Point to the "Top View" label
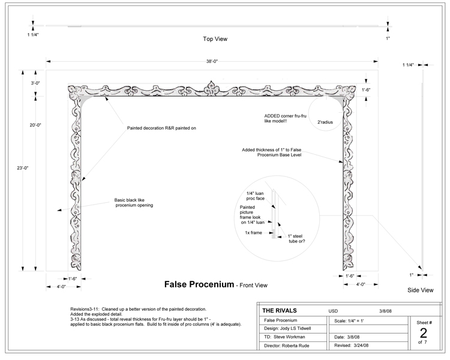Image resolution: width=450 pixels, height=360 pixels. (214, 39)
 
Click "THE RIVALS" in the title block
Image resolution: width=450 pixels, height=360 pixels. (280, 311)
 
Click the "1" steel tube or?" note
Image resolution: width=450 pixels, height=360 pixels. (298, 239)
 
